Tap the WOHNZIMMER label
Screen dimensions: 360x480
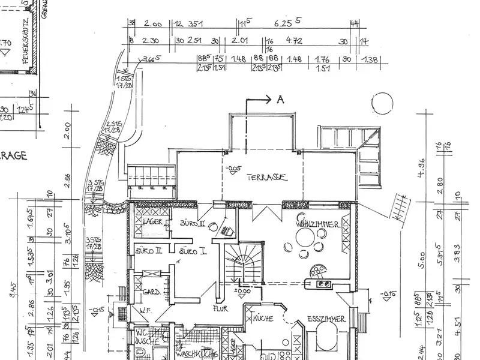318,224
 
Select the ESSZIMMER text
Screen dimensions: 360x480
326,319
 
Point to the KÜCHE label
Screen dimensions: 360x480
263,319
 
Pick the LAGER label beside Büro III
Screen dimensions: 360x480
153,221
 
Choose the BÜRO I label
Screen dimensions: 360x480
193,250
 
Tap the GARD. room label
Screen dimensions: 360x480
152,292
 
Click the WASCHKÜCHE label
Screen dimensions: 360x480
197,354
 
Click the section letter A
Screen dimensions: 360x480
280,101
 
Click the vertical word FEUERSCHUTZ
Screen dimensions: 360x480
26,41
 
